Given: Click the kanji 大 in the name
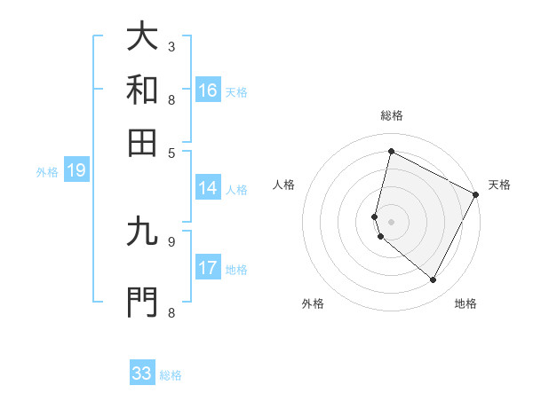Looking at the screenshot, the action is pos(142,37).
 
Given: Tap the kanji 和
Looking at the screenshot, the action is pos(142,90).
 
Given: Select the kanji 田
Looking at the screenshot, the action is pos(142,143).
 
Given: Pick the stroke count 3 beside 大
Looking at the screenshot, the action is pos(171,46).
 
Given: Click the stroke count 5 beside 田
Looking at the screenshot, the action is pos(171,152).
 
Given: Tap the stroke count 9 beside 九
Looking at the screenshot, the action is pos(171,240).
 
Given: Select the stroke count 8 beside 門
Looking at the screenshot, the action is pos(171,311).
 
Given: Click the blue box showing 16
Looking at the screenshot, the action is pos(208,90).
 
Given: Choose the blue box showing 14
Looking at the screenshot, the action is pos(208,188).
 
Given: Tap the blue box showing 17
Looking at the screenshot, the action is pos(208,268).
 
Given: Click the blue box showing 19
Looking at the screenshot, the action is pos(76,170).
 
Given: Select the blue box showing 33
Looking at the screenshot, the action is pos(142,374).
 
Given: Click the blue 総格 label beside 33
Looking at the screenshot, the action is pos(171,375).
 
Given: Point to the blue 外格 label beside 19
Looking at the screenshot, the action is pos(47,172).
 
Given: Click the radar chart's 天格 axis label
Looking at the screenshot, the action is pos(499,185).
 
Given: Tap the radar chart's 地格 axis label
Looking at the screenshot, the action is pos(465,303).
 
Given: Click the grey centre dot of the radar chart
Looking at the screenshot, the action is pos(392,222).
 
